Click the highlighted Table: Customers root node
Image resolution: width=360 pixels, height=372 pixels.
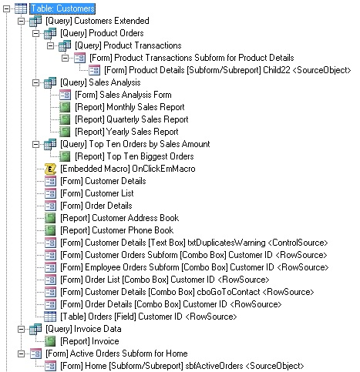pyautogui.click(x=62, y=8)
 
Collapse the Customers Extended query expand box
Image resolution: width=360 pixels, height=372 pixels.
pyautogui.click(x=21, y=21)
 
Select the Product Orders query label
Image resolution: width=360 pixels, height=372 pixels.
pyautogui.click(x=102, y=33)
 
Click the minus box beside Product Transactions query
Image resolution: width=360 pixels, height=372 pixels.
pyautogui.click(x=50, y=45)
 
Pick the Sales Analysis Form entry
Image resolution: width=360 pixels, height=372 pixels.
pyautogui.click(x=123, y=95)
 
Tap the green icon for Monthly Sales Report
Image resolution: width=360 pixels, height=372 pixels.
pyautogui.click(x=65, y=107)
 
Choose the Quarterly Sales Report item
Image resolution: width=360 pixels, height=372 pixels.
pyautogui.click(x=132, y=119)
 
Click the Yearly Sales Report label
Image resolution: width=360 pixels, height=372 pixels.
pyautogui.click(x=126, y=132)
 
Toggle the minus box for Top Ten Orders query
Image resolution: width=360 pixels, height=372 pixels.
pyautogui.click(x=35, y=144)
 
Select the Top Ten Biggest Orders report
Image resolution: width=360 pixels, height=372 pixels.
pyautogui.click(x=134, y=156)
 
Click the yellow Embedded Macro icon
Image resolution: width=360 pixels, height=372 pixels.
pyautogui.click(x=50, y=169)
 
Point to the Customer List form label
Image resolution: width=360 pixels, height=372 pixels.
pyautogui.click(x=97, y=193)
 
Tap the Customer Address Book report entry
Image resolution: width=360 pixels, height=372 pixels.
pyautogui.click(x=119, y=218)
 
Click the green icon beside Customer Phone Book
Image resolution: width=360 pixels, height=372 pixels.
pyautogui.click(x=50, y=230)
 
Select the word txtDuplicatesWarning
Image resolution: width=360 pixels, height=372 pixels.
pyautogui.click(x=227, y=243)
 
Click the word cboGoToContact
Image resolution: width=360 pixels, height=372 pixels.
pyautogui.click(x=228, y=292)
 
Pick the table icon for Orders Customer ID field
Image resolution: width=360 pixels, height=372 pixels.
pyautogui.click(x=50, y=317)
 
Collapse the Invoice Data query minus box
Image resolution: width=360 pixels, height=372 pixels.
pyautogui.click(x=21, y=329)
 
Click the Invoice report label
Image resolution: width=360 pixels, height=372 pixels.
pyautogui.click(x=89, y=341)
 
